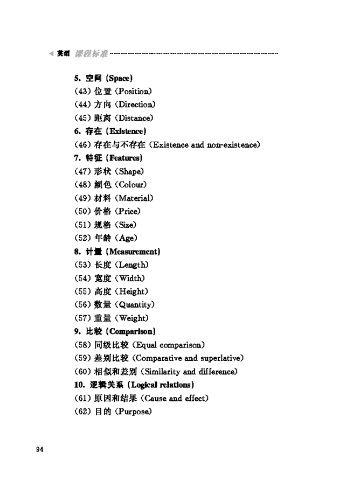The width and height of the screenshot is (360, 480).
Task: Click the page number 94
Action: (x=39, y=450)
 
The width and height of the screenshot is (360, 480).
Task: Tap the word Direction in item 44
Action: (x=135, y=105)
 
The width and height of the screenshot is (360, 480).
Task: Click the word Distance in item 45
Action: (x=135, y=118)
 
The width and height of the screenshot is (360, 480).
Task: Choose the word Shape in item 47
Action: (x=130, y=172)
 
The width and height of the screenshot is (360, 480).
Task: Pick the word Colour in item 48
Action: (x=132, y=185)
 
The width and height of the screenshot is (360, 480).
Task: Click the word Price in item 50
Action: (x=128, y=212)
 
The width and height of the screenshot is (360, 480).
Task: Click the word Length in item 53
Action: (x=131, y=265)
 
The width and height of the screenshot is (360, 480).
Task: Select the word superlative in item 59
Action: (x=220, y=358)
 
